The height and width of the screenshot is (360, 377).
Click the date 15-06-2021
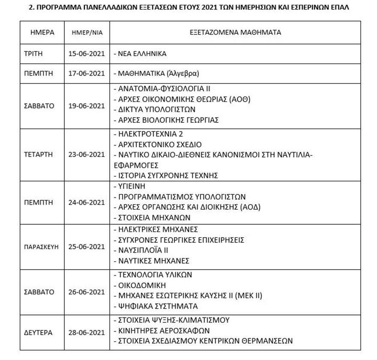[86, 54]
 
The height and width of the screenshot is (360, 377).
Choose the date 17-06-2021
[86, 73]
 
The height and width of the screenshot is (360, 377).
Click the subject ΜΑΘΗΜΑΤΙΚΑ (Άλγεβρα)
[156, 73]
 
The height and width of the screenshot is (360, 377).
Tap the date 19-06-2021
[86, 106]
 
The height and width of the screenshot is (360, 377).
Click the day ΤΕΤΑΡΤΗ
[39, 155]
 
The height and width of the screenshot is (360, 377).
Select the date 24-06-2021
[86, 202]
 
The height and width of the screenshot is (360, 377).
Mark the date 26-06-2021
[86, 292]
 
